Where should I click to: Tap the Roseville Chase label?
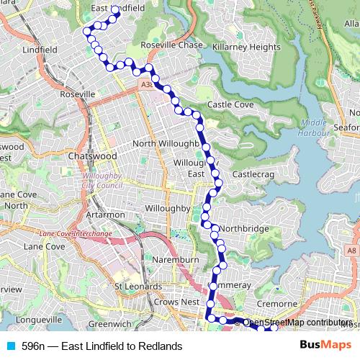[174, 45]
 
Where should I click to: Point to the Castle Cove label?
[230, 104]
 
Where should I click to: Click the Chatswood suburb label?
[91, 156]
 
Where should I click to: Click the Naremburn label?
[170, 257]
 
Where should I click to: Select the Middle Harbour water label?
[314, 127]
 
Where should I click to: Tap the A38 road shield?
[147, 84]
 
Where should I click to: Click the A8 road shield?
[350, 251]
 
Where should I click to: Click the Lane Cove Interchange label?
[76, 234]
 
